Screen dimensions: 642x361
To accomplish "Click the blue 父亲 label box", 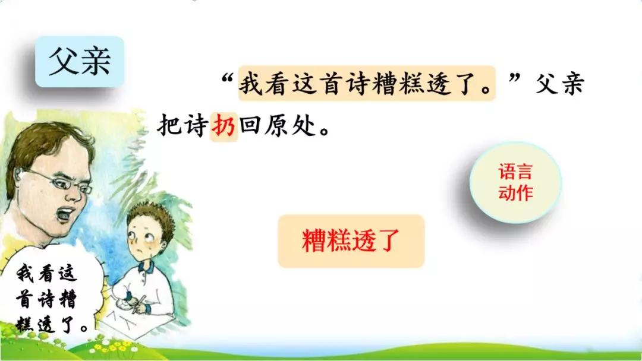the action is [80, 61].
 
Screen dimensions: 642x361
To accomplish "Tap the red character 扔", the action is [224, 126].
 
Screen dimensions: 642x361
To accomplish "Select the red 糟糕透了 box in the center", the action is [351, 241].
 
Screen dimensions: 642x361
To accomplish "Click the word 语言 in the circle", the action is [515, 172].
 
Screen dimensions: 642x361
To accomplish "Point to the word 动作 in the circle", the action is [515, 192].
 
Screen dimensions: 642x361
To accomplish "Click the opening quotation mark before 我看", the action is [228, 78].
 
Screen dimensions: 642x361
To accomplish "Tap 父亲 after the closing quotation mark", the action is [559, 84].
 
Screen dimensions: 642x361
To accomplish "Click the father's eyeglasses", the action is [57, 180].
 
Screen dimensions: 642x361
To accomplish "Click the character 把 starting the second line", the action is [169, 126].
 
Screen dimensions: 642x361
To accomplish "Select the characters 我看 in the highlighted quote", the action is [264, 84].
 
